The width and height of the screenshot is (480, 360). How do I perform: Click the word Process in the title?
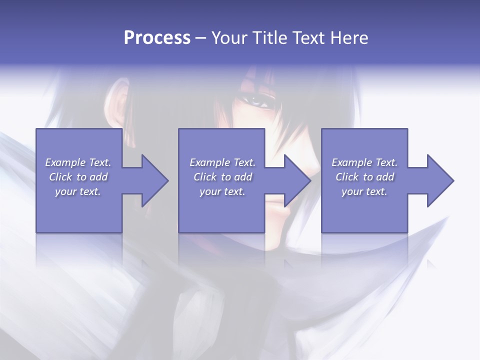coord(157,38)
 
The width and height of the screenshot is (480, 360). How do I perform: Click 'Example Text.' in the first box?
coord(78,162)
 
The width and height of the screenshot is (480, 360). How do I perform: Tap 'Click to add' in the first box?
coord(78,177)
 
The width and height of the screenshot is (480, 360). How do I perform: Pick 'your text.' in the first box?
coord(78,191)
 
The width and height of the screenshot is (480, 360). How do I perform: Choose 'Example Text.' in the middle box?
coord(222,162)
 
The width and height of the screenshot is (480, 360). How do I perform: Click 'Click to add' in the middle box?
coord(222,177)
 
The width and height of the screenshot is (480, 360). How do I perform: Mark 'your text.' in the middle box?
coord(222,191)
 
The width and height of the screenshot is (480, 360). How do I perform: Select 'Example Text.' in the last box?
coord(364,162)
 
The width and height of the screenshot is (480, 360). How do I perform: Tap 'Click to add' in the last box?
coord(364,177)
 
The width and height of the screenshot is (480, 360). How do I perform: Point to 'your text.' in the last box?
coord(364,191)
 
